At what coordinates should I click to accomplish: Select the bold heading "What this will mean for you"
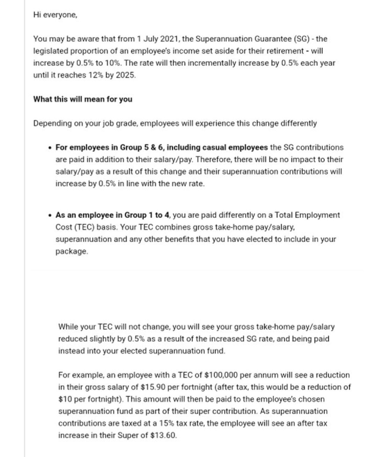click(83, 99)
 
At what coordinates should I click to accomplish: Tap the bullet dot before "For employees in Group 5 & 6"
click(50, 148)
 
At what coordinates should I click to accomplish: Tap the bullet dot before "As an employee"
click(50, 215)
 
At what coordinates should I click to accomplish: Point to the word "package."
click(72, 251)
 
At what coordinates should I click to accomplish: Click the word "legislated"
click(51, 51)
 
